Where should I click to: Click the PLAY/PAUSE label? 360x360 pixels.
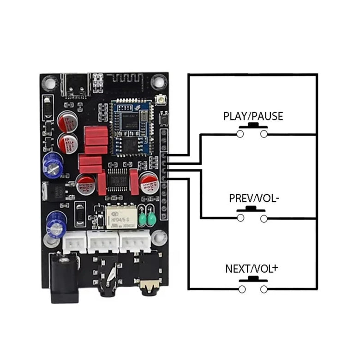click(x=252, y=116)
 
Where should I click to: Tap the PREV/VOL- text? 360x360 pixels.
click(x=254, y=198)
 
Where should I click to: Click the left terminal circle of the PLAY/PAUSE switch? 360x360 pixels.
click(x=240, y=134)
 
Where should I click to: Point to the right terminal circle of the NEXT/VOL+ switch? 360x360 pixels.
click(x=264, y=289)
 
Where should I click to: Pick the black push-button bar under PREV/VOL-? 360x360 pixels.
click(x=252, y=210)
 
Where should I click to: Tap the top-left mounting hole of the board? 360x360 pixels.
click(x=48, y=83)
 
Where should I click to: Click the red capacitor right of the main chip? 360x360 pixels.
click(x=134, y=182)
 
